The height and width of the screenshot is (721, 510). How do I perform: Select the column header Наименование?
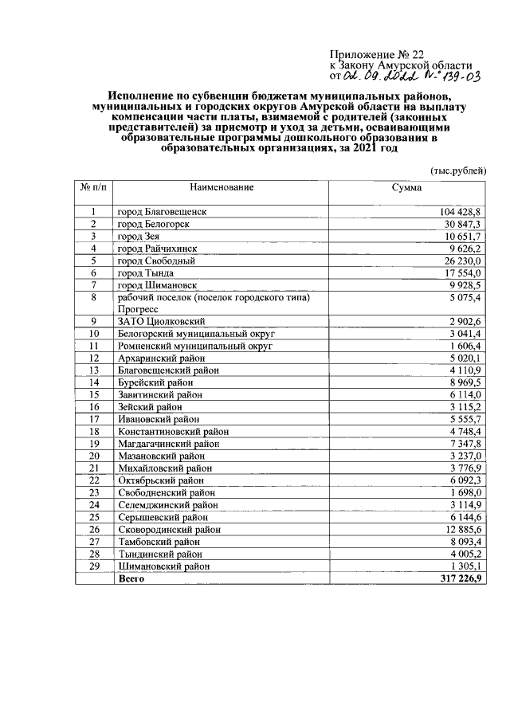click(221, 187)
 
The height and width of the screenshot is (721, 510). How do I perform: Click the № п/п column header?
click(93, 187)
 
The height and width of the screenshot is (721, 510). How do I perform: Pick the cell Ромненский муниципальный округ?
click(194, 346)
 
